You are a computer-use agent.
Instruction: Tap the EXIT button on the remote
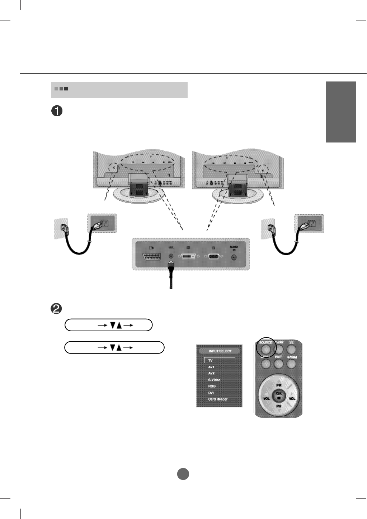click(x=279, y=364)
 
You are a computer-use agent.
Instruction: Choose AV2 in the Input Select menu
click(x=211, y=373)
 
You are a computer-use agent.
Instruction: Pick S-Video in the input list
click(x=214, y=380)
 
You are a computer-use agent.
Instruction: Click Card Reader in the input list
click(x=218, y=399)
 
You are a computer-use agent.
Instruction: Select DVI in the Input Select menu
click(x=211, y=393)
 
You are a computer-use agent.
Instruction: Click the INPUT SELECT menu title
click(x=220, y=351)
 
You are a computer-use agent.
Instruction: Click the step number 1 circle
click(x=57, y=111)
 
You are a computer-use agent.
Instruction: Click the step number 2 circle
click(x=57, y=309)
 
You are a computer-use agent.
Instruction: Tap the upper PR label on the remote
click(x=279, y=385)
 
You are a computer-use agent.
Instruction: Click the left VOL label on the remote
click(x=267, y=399)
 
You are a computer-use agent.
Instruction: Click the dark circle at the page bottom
click(x=183, y=474)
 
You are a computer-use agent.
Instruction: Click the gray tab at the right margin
click(x=341, y=112)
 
